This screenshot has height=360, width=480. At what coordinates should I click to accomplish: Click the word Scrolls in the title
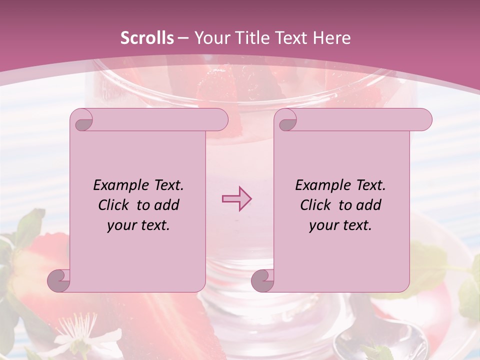click(x=147, y=38)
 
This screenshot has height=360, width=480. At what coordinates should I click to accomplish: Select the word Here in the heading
click(x=331, y=38)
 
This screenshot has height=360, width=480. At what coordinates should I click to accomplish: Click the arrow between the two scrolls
click(x=236, y=199)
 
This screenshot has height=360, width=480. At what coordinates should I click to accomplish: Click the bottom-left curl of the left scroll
click(x=59, y=280)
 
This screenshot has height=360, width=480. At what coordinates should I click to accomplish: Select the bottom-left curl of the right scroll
click(x=263, y=280)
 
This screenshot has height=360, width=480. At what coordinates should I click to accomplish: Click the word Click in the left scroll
click(x=114, y=205)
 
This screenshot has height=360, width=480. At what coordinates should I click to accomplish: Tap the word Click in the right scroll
click(x=316, y=205)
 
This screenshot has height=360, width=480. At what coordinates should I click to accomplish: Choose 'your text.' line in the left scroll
click(x=138, y=225)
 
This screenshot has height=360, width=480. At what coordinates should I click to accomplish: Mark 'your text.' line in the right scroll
click(x=340, y=225)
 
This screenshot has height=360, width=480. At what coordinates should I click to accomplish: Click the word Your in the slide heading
click(x=211, y=38)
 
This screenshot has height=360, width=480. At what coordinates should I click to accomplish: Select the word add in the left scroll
click(x=167, y=205)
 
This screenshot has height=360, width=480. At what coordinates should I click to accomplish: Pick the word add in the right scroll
click(x=369, y=205)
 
